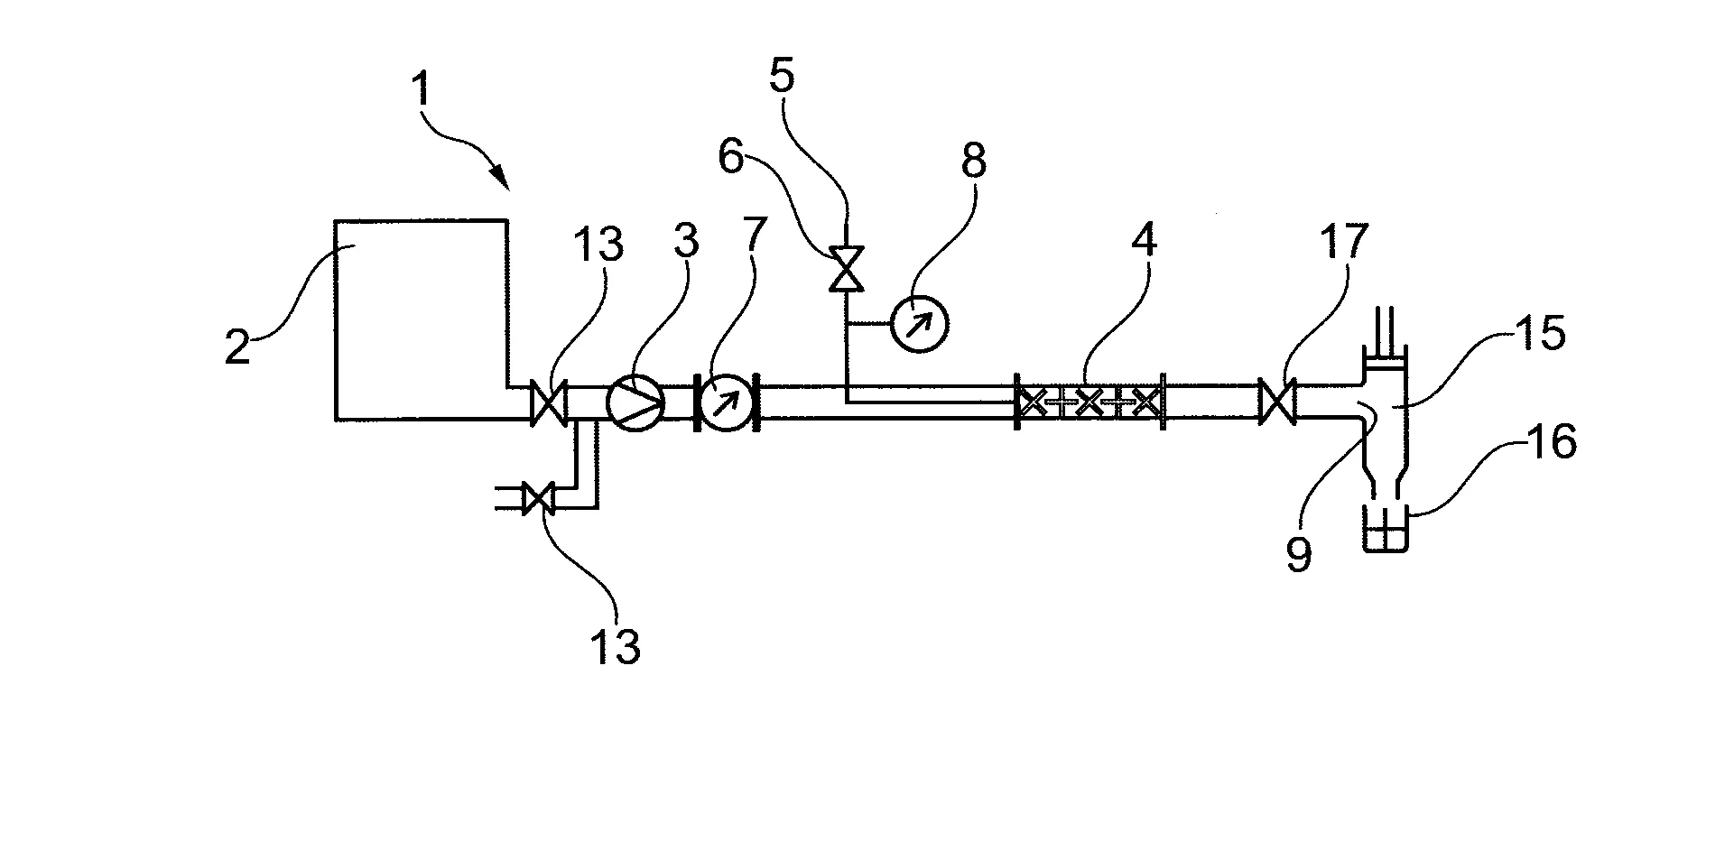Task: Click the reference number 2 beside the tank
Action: tap(237, 347)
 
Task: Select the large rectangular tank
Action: tap(420, 319)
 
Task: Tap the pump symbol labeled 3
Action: tap(635, 402)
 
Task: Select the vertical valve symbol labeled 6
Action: tap(847, 269)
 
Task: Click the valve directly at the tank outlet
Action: tap(548, 402)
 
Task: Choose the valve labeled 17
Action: tap(1277, 402)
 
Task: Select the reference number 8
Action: tap(972, 162)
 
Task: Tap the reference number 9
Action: tap(1298, 555)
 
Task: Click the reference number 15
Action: tap(1540, 334)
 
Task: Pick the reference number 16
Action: tap(1551, 443)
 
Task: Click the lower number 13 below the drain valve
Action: tap(615, 646)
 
